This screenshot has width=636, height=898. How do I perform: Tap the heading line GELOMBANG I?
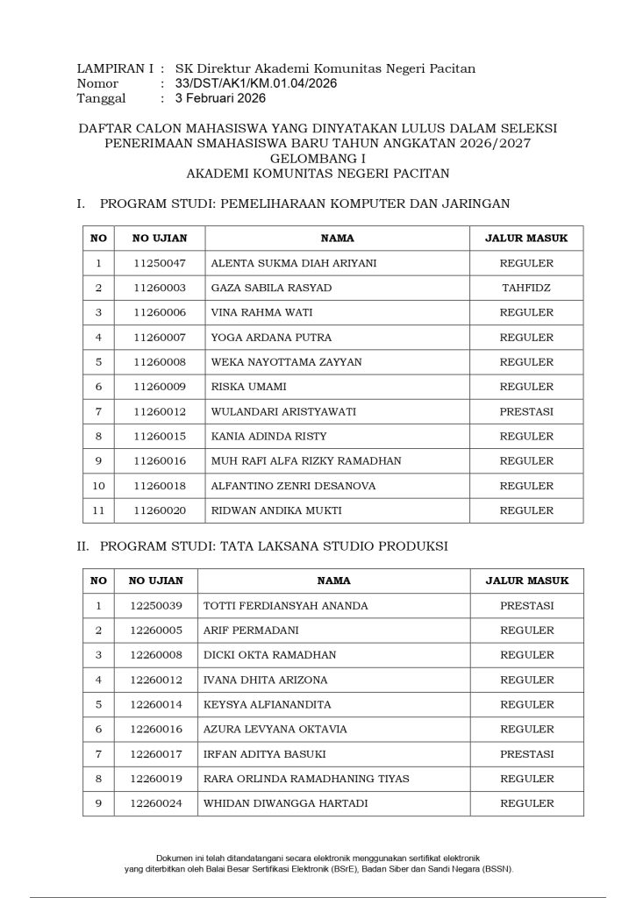[x=318, y=158]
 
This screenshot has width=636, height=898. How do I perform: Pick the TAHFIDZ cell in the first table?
[x=526, y=288]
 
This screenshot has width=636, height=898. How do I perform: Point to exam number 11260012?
[x=159, y=411]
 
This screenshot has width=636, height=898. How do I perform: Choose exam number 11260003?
[x=159, y=288]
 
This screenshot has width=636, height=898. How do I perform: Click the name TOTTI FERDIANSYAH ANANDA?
[x=285, y=606]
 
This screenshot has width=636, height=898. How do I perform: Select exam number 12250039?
[x=155, y=606]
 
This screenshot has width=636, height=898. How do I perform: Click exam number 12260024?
[x=155, y=803]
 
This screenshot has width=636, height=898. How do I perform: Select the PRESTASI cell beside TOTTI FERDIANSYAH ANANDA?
[x=526, y=606]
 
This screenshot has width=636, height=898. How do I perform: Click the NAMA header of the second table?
[x=333, y=581]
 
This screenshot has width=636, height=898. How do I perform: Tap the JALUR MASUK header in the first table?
[x=526, y=238]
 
